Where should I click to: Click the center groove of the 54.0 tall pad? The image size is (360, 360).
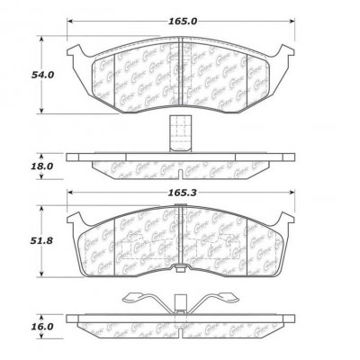(x=180, y=72)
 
